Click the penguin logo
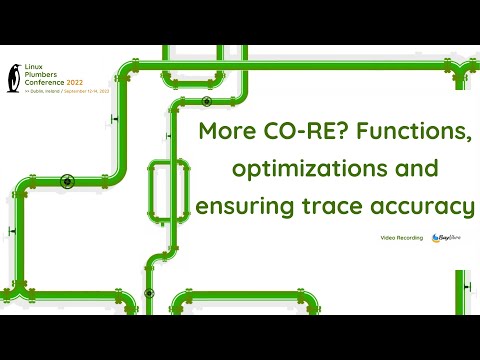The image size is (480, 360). (x=13, y=77)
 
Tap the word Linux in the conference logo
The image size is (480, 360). (x=35, y=67)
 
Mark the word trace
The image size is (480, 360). (x=327, y=207)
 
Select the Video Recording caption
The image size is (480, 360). (x=401, y=237)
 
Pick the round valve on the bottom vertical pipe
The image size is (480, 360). (x=148, y=293)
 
